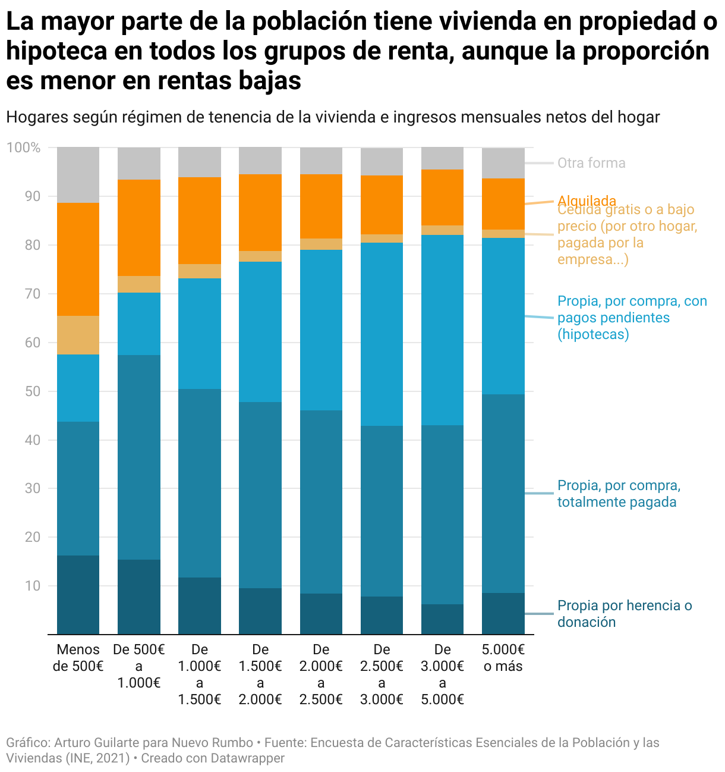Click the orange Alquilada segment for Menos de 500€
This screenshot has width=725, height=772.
coord(78,259)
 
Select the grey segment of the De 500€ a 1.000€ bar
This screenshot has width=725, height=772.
coord(139,164)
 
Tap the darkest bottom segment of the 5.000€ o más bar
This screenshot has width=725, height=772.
coord(503,613)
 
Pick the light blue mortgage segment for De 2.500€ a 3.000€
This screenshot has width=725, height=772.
coord(382,334)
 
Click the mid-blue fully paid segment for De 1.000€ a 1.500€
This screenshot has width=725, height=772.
coord(200,483)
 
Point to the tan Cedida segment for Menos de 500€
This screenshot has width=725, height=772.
coord(78,335)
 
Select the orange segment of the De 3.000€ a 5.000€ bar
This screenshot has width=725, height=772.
coord(442,197)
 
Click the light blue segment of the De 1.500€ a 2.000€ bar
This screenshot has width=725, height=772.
coord(260,332)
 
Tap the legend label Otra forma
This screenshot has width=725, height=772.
coord(591,163)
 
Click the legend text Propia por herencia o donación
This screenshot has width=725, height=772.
coord(624,614)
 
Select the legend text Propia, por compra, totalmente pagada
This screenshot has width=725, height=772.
coord(618,494)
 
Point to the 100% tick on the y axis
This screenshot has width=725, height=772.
coord(24,148)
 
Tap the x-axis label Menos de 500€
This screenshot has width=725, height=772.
coord(78,658)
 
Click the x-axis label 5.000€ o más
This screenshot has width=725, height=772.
coord(503,658)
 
